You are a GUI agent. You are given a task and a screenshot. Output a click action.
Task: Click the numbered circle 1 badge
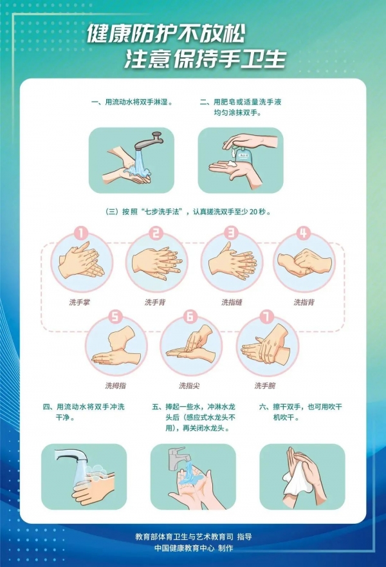81,233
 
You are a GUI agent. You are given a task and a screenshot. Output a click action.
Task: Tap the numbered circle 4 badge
304,233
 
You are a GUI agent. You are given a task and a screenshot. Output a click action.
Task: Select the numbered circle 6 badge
190,317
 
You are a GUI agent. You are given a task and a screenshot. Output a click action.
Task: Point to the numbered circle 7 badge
267,317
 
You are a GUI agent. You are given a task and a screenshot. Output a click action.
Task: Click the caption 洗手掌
79,302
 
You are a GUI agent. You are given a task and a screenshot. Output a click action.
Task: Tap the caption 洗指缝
232,302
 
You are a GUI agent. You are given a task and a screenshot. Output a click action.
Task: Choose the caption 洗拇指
116,386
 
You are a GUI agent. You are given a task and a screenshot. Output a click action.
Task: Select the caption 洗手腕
265,386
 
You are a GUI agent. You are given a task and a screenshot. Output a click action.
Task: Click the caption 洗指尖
189,386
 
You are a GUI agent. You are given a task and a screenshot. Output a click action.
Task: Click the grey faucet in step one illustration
148,141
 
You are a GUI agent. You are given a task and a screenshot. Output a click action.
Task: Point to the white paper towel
298,480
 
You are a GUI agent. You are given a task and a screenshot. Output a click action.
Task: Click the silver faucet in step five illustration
177,458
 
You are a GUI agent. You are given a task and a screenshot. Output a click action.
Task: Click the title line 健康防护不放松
166,34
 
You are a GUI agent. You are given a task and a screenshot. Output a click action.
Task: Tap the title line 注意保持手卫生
205,59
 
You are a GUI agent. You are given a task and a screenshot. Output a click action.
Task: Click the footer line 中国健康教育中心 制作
194,548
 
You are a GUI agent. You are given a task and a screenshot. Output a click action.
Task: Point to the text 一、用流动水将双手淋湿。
133,102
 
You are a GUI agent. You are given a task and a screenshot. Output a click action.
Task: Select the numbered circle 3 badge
230,233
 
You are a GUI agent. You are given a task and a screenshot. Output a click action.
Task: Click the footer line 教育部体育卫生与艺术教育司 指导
194,537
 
